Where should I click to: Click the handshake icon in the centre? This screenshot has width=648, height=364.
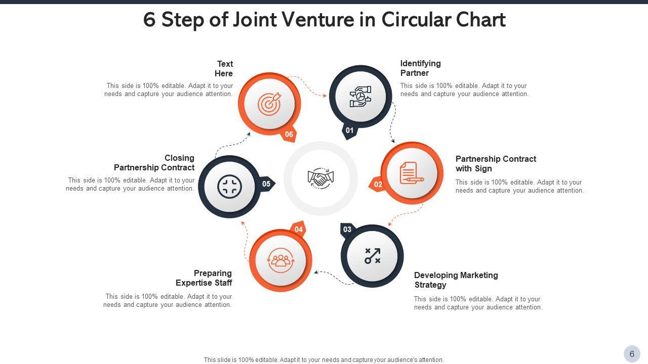pos(320,178)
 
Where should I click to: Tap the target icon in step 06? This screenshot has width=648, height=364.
pos(269,104)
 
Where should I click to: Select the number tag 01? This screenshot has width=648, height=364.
pos(350,130)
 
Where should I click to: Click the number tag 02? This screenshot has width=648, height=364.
pos(378,185)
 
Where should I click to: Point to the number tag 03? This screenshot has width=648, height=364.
pos(347,230)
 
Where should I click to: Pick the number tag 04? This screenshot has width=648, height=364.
pos(299,230)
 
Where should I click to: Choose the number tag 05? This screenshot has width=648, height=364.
pos(266,184)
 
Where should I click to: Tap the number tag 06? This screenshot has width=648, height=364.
pos(289,134)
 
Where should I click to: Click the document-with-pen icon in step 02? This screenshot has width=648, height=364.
pos(412,173)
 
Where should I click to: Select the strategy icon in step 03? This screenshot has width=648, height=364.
pos(373,256)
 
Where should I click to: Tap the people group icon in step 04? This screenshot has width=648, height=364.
pos(281,260)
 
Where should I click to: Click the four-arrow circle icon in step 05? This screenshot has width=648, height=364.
pos(229,187)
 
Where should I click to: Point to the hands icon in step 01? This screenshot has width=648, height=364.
pos(360,97)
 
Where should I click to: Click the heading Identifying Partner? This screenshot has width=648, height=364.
pos(420,68)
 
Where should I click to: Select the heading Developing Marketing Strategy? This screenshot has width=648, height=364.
pos(456,280)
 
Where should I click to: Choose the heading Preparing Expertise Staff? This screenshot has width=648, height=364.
pos(204,278)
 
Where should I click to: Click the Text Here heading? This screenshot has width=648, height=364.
pos(224,69)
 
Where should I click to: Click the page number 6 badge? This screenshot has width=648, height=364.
pos(632,354)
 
